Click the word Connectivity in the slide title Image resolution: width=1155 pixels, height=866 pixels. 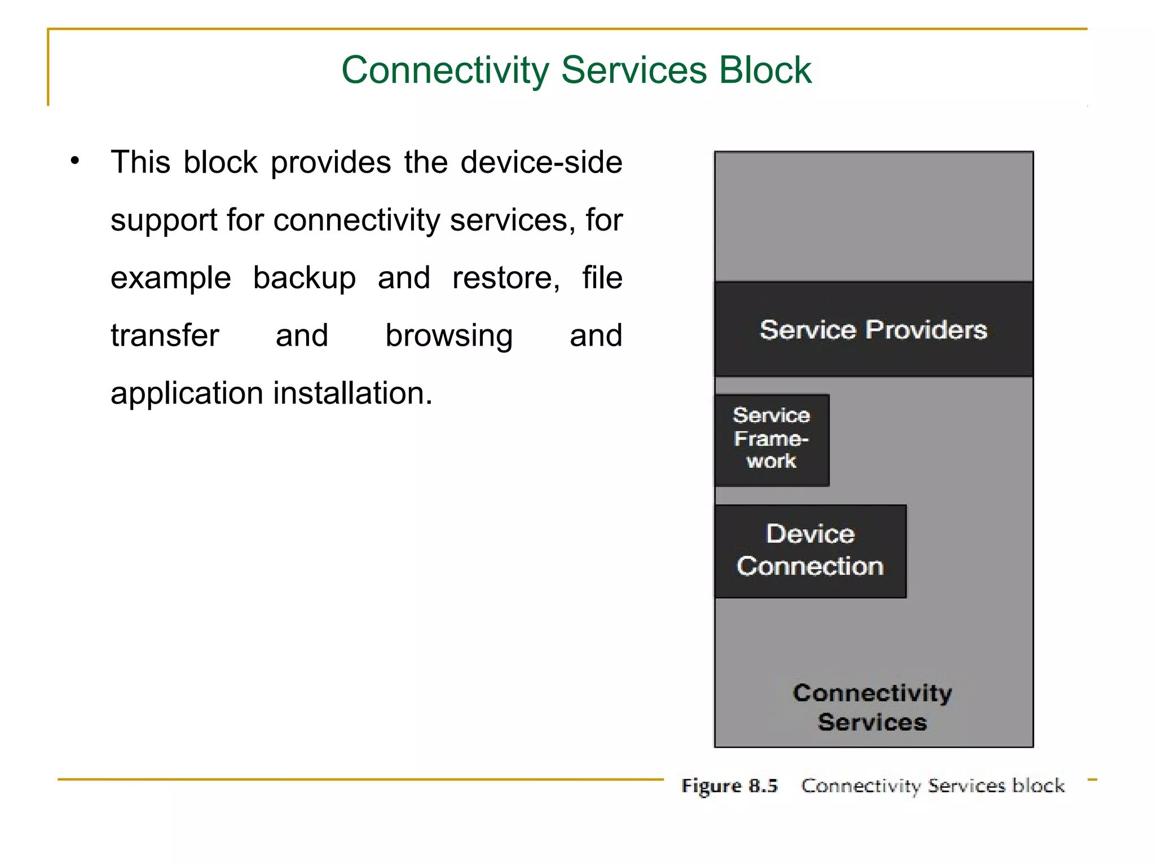[445, 70]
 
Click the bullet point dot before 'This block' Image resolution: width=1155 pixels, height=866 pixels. [75, 161]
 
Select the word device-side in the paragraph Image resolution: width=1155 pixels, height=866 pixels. [541, 162]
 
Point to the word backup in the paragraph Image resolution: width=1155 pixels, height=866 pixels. [304, 278]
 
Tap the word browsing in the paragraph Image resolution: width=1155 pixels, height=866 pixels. [449, 336]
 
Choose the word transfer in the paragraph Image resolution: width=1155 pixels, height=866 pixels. [165, 336]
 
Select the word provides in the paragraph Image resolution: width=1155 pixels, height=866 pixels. [330, 164]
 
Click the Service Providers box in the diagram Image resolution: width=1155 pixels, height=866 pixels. [873, 329]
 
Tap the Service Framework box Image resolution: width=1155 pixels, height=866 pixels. [772, 439]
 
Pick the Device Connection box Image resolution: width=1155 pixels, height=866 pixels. [810, 550]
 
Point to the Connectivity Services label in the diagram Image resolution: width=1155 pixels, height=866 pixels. [872, 707]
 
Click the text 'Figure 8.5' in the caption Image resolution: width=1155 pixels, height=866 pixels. [729, 785]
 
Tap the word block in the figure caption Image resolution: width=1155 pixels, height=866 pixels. [1038, 785]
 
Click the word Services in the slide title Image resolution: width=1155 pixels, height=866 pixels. [634, 70]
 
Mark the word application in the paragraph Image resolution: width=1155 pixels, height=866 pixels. [187, 394]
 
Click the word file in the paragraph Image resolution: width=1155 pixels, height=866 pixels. [602, 278]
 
